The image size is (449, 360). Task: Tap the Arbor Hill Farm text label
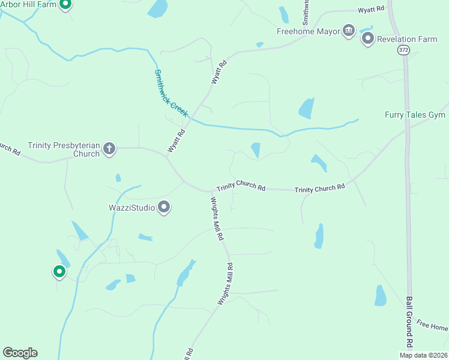tap(28, 5)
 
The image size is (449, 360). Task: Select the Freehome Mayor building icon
tap(349, 31)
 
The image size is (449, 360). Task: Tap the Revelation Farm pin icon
tap(368, 39)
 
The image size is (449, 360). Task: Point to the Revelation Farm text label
tap(407, 40)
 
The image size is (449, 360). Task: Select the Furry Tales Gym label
tap(416, 115)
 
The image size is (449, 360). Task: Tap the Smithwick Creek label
tap(171, 94)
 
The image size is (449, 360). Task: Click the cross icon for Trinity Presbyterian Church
tap(109, 149)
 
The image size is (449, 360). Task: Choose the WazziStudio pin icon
tap(164, 208)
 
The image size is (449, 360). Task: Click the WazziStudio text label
tap(131, 208)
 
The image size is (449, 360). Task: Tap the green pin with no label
tap(59, 272)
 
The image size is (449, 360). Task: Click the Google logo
tap(20, 353)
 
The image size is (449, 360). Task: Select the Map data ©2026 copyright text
tap(423, 355)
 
